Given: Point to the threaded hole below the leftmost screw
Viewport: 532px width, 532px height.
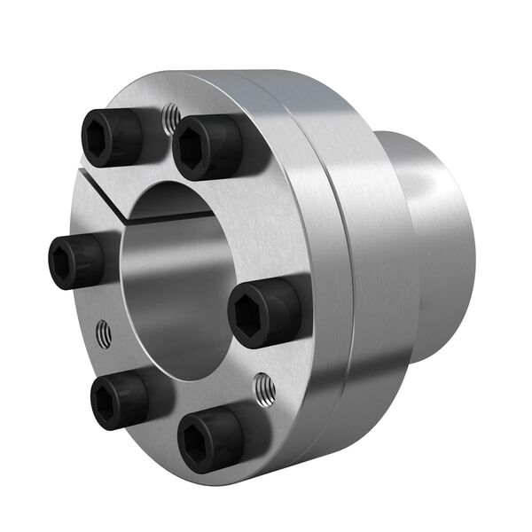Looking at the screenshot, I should pyautogui.click(x=104, y=334).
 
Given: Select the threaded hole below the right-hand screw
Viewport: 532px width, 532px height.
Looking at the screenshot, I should pyautogui.click(x=263, y=387).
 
